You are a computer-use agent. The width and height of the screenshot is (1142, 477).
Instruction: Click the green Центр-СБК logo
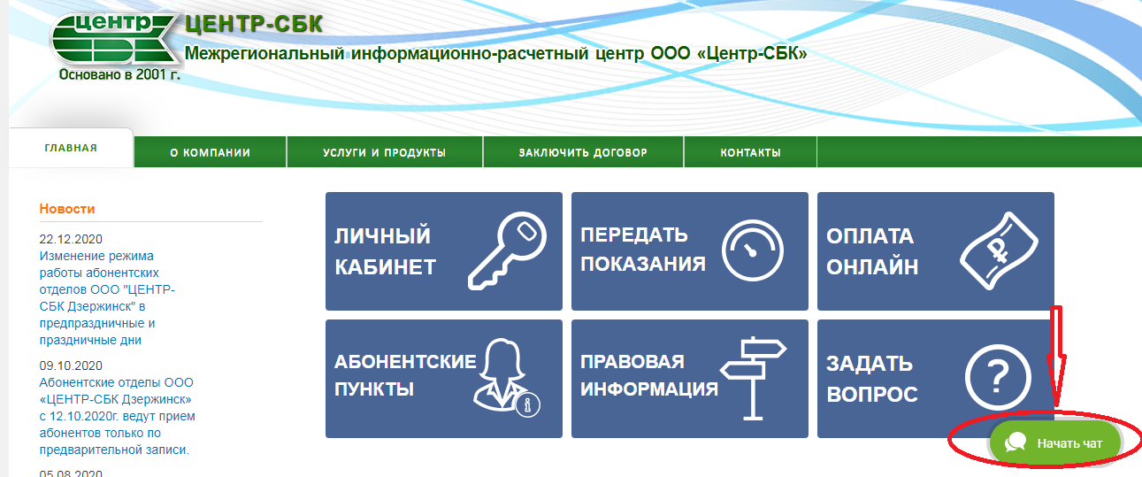click(x=115, y=39)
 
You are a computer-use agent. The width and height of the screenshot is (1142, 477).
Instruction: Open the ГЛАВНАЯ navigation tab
click(x=71, y=148)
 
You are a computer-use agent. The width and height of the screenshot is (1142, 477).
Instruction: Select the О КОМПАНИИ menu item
click(x=210, y=152)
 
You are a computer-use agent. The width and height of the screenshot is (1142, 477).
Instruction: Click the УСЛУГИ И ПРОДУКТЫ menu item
click(x=385, y=152)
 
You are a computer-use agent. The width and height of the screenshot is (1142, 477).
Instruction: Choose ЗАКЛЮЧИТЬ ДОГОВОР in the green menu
click(x=583, y=152)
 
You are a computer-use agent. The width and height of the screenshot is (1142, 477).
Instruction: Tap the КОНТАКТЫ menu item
click(x=750, y=152)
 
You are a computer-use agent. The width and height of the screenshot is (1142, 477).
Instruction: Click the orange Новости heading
click(x=67, y=209)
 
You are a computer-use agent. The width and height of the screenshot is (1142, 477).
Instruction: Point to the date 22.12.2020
click(x=71, y=239)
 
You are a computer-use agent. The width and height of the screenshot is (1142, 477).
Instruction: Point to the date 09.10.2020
click(x=71, y=365)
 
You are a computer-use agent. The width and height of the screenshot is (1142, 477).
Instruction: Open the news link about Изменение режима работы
click(x=107, y=298)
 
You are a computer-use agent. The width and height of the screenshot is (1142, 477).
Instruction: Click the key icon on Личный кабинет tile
click(x=507, y=251)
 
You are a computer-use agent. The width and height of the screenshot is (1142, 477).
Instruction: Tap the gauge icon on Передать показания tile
click(x=752, y=250)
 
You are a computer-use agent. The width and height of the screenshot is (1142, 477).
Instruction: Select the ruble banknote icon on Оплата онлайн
click(x=999, y=251)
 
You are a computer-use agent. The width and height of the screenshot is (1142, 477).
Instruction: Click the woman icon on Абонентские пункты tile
click(x=506, y=378)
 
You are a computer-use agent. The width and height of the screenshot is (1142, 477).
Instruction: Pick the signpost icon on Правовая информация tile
click(x=753, y=378)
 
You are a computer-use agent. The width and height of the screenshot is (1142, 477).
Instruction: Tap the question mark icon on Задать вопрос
click(x=998, y=378)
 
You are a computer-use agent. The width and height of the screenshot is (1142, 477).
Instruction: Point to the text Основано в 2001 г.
click(x=119, y=74)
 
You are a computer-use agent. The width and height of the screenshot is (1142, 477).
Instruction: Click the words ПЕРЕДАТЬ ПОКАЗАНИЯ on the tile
click(x=643, y=250)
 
